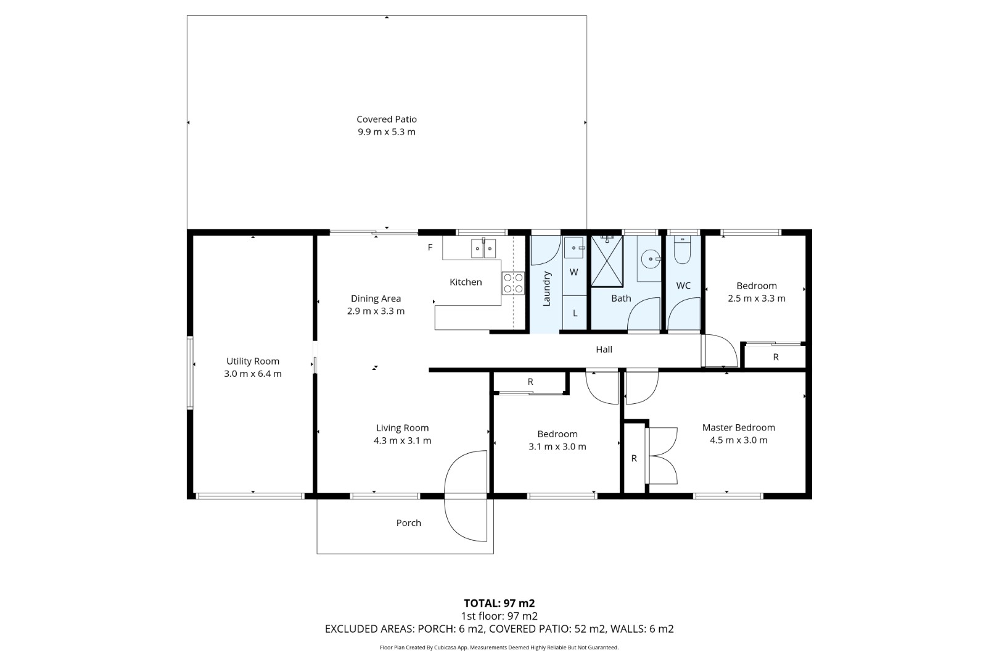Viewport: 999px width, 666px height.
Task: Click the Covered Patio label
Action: click(x=387, y=120)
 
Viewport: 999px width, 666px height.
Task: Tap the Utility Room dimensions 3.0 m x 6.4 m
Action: click(x=253, y=374)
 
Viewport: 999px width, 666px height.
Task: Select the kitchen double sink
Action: click(x=483, y=248)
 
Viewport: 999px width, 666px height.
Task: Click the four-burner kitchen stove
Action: click(x=513, y=283)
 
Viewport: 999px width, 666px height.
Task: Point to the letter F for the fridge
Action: click(x=430, y=247)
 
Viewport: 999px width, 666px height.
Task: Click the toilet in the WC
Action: click(x=683, y=250)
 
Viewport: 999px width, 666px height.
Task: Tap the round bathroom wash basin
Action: click(x=651, y=259)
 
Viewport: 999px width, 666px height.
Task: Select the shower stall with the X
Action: click(x=607, y=261)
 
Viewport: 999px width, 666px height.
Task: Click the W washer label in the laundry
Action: click(x=574, y=272)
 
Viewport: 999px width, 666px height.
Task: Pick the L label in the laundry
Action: click(x=575, y=313)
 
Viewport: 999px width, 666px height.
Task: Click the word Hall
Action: click(x=604, y=350)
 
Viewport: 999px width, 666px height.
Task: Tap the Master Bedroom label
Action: click(x=739, y=428)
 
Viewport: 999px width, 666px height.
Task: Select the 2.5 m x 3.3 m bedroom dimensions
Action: click(x=757, y=298)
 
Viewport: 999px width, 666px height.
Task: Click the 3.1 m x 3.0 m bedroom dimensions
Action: click(x=557, y=446)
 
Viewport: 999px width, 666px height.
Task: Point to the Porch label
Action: click(x=408, y=523)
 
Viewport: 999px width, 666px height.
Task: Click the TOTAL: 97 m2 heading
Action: click(x=499, y=604)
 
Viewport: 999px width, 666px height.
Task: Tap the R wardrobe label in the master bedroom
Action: click(x=634, y=459)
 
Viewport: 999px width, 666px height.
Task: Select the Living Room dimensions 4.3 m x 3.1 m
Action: click(x=402, y=441)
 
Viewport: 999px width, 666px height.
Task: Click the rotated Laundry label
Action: click(x=547, y=289)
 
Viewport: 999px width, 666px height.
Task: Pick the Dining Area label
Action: click(x=376, y=299)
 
